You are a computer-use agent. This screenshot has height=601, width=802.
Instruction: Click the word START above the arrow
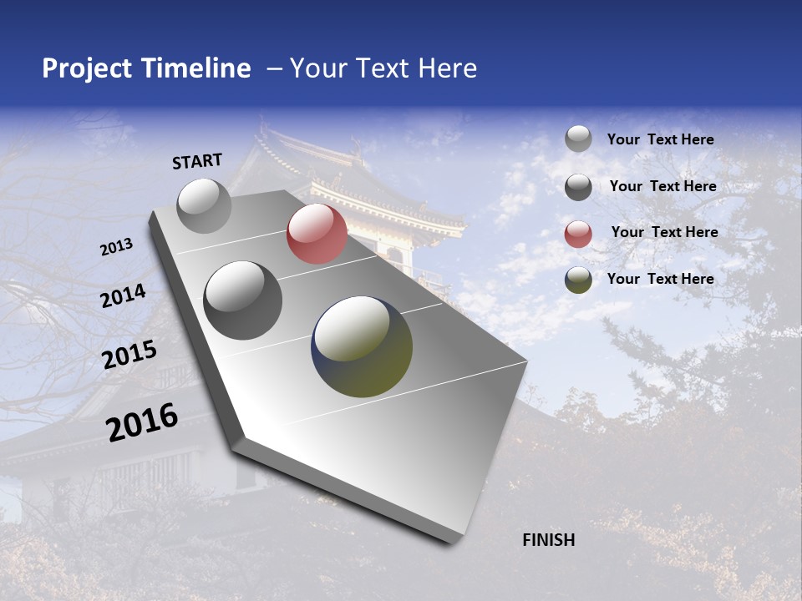[197, 161]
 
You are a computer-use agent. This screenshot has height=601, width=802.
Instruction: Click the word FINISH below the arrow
[548, 540]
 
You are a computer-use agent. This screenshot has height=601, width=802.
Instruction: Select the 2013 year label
[117, 247]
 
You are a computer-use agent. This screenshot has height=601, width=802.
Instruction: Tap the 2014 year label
[124, 296]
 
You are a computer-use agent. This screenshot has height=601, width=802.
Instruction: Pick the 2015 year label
[129, 355]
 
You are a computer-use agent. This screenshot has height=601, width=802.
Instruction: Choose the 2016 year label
[142, 422]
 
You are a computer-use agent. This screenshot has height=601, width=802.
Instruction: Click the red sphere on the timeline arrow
[317, 234]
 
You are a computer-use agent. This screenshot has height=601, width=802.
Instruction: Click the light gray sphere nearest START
[205, 205]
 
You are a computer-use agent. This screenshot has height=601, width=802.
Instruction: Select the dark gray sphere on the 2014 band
[243, 300]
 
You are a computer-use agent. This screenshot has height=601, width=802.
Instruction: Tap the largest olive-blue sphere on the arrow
[362, 346]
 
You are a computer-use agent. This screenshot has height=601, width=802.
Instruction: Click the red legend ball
[578, 234]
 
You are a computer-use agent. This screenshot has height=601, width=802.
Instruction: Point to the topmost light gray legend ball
[578, 139]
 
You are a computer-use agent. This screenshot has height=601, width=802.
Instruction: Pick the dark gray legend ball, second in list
[578, 187]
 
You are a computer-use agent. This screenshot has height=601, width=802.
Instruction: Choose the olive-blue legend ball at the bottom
[578, 280]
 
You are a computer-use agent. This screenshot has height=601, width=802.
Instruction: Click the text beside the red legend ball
[664, 232]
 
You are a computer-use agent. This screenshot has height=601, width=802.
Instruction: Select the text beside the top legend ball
[660, 139]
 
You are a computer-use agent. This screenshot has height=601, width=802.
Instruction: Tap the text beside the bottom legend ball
[660, 279]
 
